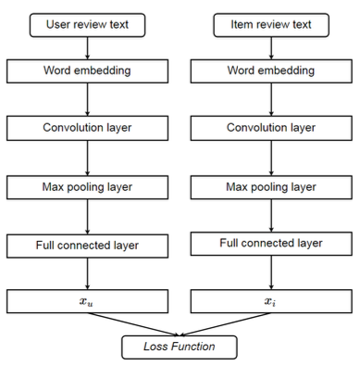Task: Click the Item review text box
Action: [270, 24]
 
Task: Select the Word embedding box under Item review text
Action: [270, 71]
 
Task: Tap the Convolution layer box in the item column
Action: [270, 130]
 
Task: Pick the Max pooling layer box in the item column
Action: [270, 187]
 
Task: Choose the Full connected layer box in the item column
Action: [270, 244]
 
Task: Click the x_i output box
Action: [270, 301]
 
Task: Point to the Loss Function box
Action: [180, 347]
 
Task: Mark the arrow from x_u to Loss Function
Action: [134, 323]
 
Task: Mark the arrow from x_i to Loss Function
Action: [227, 323]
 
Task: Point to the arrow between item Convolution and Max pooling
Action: [270, 158]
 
